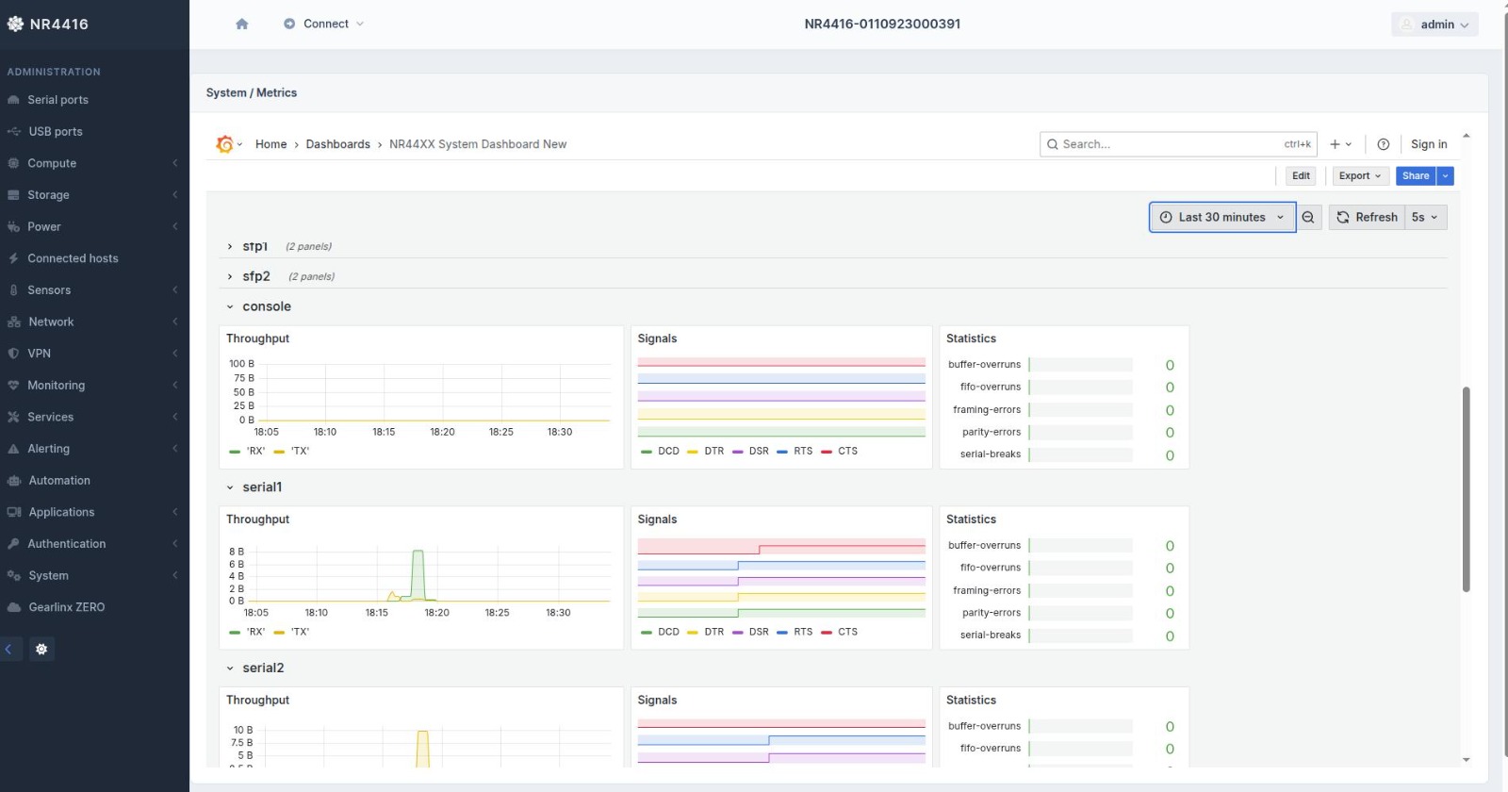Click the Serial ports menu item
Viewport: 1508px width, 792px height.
click(57, 100)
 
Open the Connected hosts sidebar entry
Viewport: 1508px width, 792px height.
click(73, 258)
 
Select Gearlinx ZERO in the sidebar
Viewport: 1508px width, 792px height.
click(66, 607)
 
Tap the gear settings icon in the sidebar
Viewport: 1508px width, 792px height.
click(41, 649)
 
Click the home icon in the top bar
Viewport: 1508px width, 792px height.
click(242, 25)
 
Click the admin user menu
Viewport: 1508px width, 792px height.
click(1434, 25)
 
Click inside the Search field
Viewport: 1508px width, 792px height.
click(1169, 144)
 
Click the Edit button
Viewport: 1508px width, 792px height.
click(1301, 176)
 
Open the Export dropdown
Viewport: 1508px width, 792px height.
click(1359, 176)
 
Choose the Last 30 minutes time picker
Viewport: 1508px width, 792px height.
click(1221, 218)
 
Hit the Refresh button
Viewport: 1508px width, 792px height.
click(1367, 218)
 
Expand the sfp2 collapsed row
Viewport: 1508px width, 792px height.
click(255, 276)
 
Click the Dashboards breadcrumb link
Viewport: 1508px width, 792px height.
click(337, 144)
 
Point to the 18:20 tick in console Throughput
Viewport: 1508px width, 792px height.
click(442, 432)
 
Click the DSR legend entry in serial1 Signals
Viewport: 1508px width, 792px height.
click(758, 632)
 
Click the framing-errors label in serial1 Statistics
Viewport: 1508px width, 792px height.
click(987, 590)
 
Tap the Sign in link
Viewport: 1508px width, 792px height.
click(1429, 144)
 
